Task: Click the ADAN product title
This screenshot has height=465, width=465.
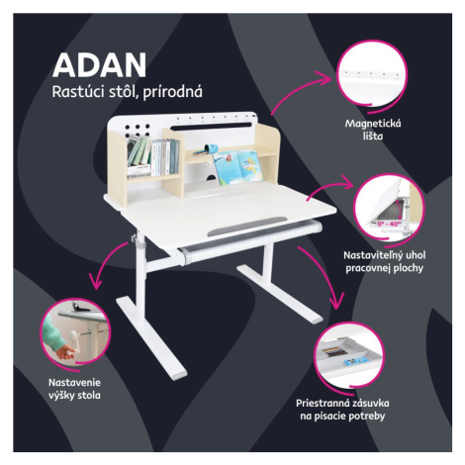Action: click(99, 65)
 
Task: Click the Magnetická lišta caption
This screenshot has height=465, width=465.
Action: click(373, 130)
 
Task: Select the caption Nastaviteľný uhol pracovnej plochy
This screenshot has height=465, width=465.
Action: click(384, 261)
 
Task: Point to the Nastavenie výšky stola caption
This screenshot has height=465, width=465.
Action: click(74, 389)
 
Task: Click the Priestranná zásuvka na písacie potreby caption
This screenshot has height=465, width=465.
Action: click(342, 410)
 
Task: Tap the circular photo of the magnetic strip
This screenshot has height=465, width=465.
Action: click(372, 73)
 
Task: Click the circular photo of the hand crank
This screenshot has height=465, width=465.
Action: click(74, 332)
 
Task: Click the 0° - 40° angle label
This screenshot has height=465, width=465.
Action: click(389, 224)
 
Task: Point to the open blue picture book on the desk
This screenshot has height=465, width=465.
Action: click(238, 167)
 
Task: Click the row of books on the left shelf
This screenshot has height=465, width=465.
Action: click(153, 156)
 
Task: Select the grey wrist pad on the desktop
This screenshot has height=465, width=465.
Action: click(247, 226)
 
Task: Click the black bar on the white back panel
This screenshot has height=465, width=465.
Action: click(211, 127)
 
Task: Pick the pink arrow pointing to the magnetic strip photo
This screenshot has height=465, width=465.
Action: click(297, 89)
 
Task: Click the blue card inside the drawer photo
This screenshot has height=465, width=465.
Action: click(351, 362)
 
